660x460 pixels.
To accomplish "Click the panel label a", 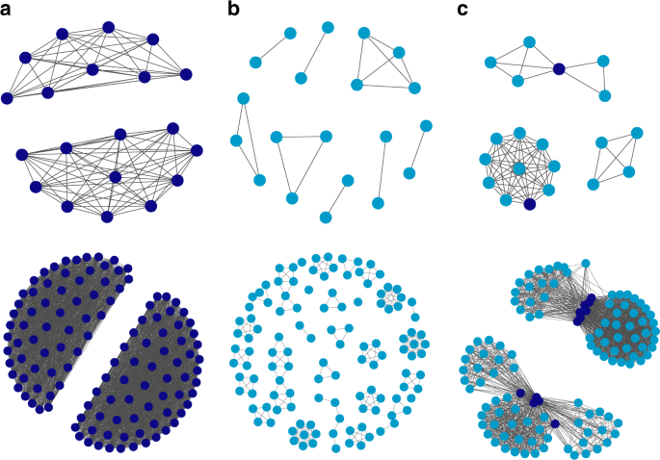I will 9,11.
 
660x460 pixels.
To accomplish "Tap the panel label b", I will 235,11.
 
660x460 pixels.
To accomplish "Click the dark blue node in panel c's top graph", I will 558,68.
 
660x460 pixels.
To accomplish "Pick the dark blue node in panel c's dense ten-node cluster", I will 528,204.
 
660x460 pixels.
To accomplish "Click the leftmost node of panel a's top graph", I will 8,97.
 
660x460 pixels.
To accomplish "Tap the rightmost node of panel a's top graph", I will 186,73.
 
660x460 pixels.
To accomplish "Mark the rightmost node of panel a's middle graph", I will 197,149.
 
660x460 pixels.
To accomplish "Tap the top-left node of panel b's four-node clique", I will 364,34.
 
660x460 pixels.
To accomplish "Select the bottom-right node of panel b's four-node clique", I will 415,88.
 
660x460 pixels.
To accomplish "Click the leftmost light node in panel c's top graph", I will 490,64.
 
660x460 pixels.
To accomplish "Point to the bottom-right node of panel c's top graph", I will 605,95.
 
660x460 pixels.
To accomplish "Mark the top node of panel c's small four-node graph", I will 636,132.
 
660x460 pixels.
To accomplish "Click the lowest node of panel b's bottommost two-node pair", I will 325,217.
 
